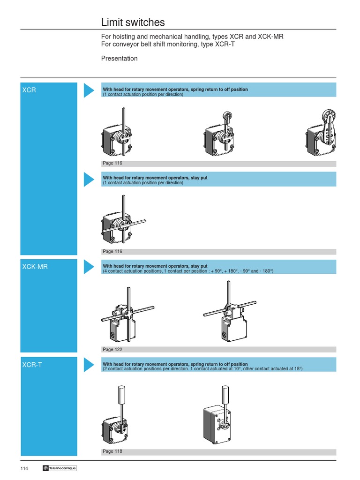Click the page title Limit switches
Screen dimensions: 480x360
tap(133, 22)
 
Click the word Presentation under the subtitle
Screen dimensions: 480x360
tap(119, 59)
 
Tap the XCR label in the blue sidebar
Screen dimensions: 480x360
tap(29, 90)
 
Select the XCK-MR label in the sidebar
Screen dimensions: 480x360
tap(35, 267)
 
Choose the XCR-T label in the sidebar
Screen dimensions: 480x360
tap(32, 364)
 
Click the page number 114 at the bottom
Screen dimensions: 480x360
tap(24, 468)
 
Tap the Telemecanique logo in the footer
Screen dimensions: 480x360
tap(59, 468)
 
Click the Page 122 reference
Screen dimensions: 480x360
tap(112, 349)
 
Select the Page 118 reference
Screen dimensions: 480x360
tap(112, 452)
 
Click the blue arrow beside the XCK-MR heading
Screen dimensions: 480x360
tap(89, 267)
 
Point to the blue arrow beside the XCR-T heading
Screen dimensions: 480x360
tap(89, 364)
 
